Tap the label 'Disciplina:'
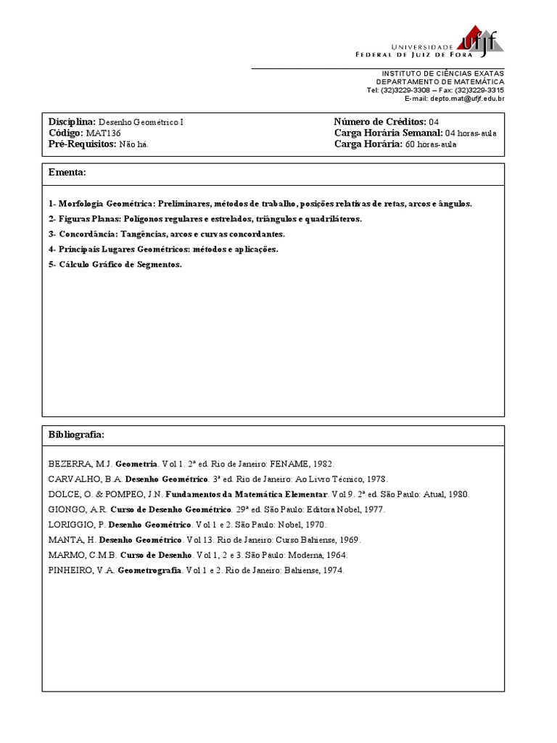click(x=72, y=122)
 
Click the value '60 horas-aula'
click(x=431, y=144)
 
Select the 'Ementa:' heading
click(x=67, y=173)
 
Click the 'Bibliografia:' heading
click(x=76, y=435)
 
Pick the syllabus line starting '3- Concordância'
click(x=167, y=234)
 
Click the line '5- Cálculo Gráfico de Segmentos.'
click(x=115, y=265)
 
